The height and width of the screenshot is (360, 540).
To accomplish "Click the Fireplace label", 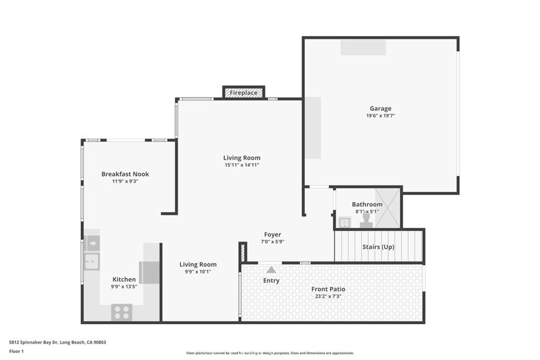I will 244,93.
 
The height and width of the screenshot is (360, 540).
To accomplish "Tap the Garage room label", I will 380,109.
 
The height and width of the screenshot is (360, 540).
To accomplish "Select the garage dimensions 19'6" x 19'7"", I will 380,115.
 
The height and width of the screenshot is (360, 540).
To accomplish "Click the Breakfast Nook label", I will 125,174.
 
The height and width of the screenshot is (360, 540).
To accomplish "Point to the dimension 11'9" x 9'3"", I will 125,181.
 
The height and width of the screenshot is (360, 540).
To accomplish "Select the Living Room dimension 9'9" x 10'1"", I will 198,271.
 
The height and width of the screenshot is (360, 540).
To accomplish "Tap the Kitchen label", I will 124,279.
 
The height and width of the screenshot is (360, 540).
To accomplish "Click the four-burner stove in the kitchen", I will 122,312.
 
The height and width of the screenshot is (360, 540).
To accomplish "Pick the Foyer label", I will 273,235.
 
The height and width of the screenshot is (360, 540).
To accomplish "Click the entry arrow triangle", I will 271,269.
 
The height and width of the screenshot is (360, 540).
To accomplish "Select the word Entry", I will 271,280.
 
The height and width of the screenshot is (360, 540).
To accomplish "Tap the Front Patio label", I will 328,289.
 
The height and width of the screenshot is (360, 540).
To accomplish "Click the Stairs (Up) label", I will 378,247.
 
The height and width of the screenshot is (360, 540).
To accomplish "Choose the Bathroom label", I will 367,205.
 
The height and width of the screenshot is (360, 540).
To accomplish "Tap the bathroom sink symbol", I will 345,222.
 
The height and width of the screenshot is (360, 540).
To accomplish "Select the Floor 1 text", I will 17,351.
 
